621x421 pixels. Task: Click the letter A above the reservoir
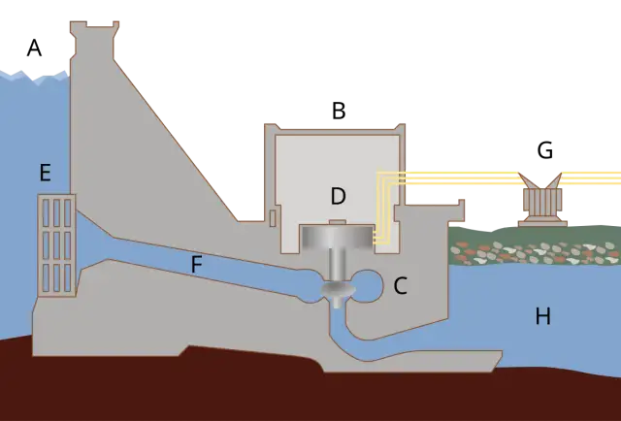point(35,49)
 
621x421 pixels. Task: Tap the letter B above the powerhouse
point(339,111)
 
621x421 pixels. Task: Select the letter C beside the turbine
point(401,285)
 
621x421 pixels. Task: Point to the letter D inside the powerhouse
point(339,196)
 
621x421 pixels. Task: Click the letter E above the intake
point(46,173)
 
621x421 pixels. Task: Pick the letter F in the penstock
point(197,264)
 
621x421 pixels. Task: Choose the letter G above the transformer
point(545,150)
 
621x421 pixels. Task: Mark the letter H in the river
point(543,316)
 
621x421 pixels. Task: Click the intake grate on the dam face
point(56,245)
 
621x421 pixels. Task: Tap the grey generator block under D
point(338,237)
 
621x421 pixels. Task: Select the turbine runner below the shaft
point(338,290)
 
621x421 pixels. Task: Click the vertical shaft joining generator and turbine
point(338,266)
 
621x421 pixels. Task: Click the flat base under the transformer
point(542,224)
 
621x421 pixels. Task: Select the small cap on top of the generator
point(338,222)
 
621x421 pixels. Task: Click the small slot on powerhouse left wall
point(273,218)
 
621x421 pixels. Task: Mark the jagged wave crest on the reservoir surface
point(35,77)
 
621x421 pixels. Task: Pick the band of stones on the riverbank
point(536,251)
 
